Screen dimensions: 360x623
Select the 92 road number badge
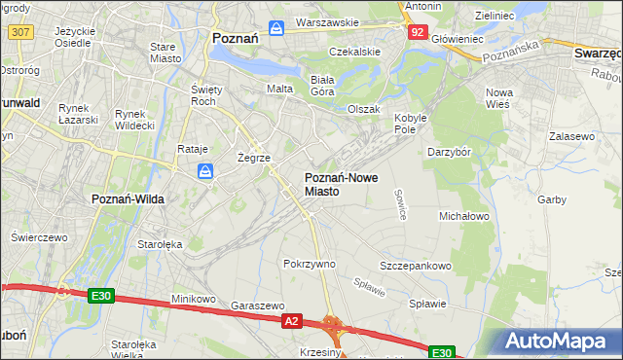(417, 32)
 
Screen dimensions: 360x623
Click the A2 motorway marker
(291, 319)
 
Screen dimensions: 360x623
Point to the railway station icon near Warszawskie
(277, 27)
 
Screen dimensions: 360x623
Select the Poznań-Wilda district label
(128, 198)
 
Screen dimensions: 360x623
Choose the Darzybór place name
(450, 152)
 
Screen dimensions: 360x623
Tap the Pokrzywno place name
(309, 264)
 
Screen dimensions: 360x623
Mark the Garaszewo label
(257, 305)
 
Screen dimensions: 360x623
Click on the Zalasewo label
(571, 137)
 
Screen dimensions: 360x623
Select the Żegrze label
(253, 157)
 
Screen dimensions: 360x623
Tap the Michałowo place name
(464, 215)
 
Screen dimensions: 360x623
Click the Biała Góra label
(321, 85)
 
